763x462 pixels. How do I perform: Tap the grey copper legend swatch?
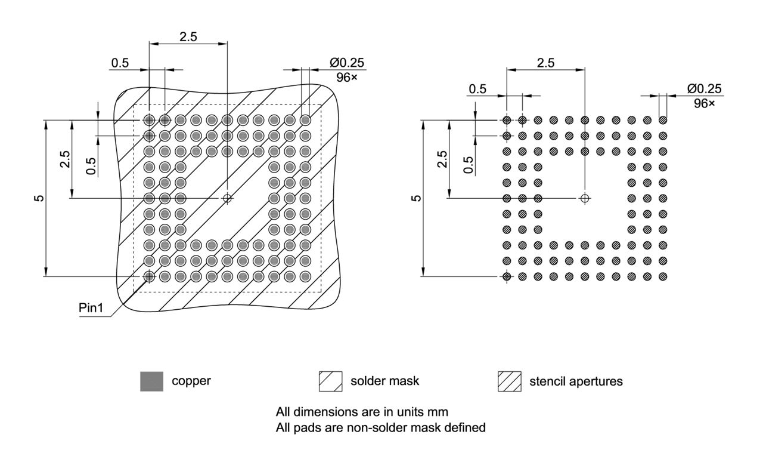pyautogui.click(x=151, y=381)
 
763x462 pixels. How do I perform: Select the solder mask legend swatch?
pyautogui.click(x=330, y=381)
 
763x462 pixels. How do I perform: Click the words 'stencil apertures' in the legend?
pyautogui.click(x=576, y=381)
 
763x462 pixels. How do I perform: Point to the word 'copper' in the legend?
pyautogui.click(x=191, y=381)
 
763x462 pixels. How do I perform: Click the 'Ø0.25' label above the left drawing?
pyautogui.click(x=346, y=63)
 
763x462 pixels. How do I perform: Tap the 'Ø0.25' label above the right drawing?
pyautogui.click(x=703, y=89)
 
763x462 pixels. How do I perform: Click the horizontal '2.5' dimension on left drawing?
pyautogui.click(x=188, y=36)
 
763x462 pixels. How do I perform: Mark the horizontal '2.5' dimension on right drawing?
pyautogui.click(x=545, y=62)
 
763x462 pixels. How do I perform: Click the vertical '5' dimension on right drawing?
pyautogui.click(x=417, y=198)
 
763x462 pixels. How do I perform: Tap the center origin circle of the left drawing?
pyautogui.click(x=227, y=198)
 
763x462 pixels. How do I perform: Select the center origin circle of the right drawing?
pyautogui.click(x=585, y=198)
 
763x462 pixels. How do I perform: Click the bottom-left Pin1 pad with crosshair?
pyautogui.click(x=149, y=276)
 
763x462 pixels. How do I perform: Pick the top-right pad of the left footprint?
pyautogui.click(x=305, y=120)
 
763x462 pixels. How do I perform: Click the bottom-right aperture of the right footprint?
pyautogui.click(x=663, y=276)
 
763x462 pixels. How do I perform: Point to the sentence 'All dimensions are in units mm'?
pyautogui.click(x=362, y=412)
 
